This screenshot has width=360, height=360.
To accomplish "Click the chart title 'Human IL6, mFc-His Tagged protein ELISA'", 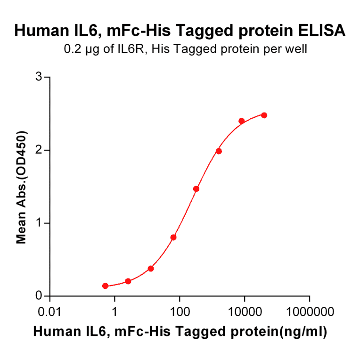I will pos(180,31).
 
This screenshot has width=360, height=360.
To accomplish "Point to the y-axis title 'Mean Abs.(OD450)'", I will pos(21,187).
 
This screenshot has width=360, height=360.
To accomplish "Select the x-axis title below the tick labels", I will pos(180,332).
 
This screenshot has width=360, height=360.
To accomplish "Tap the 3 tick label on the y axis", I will pos(40,77).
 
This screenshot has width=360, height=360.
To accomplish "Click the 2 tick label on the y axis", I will pos(40,150).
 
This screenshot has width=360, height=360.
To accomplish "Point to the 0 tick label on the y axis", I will pos(40,296).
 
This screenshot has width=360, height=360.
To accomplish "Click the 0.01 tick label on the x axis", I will pos(50,312).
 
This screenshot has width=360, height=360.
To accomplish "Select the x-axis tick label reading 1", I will pos(115,312).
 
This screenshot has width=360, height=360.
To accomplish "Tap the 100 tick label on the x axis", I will pos(180,312).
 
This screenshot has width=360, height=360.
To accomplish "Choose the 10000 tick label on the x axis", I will pos(245,312).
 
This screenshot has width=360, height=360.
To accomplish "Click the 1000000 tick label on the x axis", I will pos(310,312).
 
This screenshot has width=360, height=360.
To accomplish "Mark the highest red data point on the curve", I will pos(264,115).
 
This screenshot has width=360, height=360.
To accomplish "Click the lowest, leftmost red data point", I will pos(105,286).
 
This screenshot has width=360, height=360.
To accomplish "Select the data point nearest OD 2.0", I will pos(219,151).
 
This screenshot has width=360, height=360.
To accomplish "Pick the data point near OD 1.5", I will pos(196,189).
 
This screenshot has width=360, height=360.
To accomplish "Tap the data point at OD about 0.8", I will pos(173,237).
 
